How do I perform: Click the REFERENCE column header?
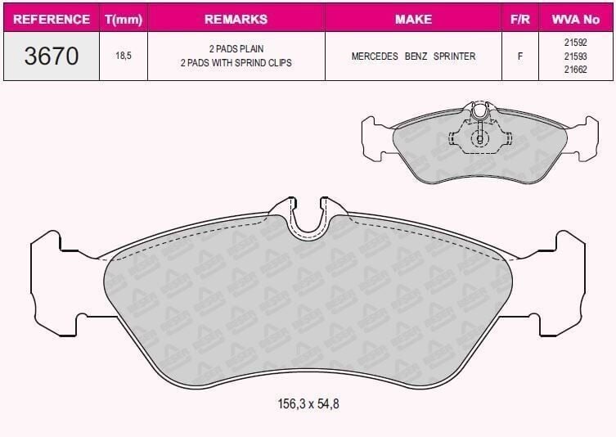(x=52, y=20)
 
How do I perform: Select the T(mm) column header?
(x=124, y=20)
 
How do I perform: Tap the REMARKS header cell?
(x=236, y=20)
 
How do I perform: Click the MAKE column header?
(x=413, y=20)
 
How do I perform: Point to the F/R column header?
(x=519, y=20)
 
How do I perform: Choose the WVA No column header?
(x=576, y=20)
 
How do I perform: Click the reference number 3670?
(x=52, y=56)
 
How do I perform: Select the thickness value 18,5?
(x=124, y=56)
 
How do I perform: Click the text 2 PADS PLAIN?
(x=236, y=49)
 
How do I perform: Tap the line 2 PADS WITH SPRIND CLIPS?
(x=236, y=63)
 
